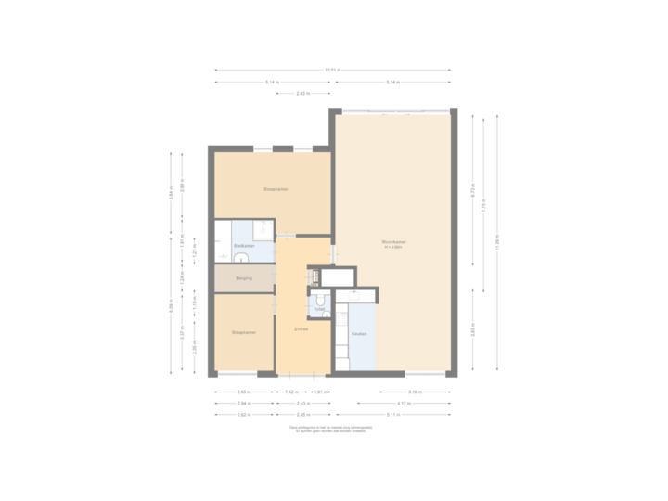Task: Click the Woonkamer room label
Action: point(394,242)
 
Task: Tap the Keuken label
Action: point(359,333)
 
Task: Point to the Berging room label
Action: point(244,278)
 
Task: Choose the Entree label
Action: point(302,330)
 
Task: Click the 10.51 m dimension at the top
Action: point(332,70)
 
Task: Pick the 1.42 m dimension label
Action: point(290,392)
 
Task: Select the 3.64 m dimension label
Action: point(171,194)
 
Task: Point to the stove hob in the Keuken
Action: point(356,296)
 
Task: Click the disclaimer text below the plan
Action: point(331,430)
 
